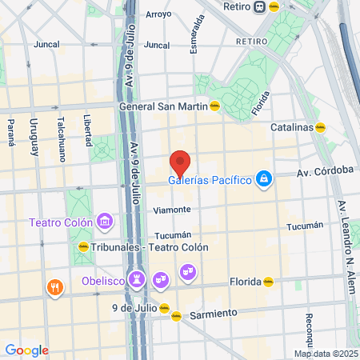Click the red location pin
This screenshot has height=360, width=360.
[x=180, y=162]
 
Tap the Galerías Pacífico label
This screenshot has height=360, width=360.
[x=210, y=179]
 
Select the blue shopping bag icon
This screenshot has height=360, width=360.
[x=263, y=178]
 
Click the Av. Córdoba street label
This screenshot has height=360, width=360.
[x=325, y=170]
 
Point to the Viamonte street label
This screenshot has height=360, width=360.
[x=172, y=210]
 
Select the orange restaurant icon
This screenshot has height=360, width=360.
[x=54, y=288]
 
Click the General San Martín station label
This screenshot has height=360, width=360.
[x=162, y=106]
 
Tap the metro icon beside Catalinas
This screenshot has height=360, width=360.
[x=320, y=126]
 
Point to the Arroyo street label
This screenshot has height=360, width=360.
[x=158, y=14]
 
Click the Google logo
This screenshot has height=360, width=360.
[x=26, y=350]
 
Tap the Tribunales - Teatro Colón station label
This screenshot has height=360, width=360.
[x=150, y=247]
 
